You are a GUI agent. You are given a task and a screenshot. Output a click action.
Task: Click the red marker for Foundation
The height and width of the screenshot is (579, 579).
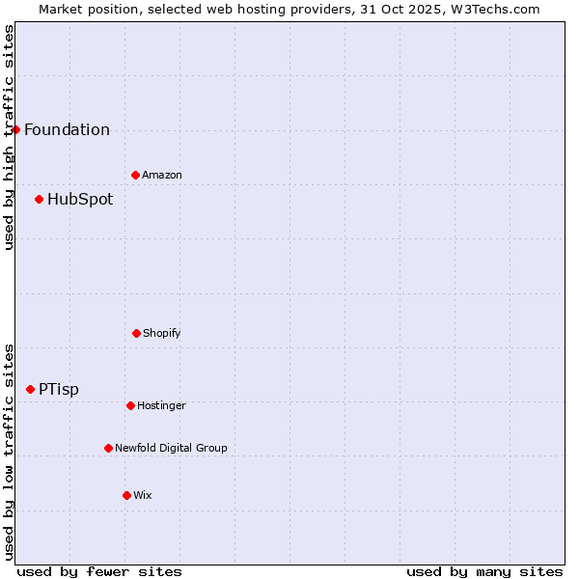pyautogui.click(x=15, y=129)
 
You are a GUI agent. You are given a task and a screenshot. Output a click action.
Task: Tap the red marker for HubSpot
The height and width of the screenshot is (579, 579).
pyautogui.click(x=39, y=200)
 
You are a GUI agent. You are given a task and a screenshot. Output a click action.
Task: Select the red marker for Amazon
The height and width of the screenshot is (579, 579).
pyautogui.click(x=135, y=175)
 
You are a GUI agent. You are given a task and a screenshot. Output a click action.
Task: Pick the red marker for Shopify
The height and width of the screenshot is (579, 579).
pyautogui.click(x=136, y=333)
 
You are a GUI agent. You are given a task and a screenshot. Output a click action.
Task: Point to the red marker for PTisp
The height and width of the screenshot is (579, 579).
pyautogui.click(x=30, y=389)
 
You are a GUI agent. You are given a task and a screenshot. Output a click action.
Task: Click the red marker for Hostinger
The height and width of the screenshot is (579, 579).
pyautogui.click(x=130, y=405)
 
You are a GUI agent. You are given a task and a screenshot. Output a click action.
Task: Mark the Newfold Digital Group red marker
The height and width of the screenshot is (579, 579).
pyautogui.click(x=108, y=448)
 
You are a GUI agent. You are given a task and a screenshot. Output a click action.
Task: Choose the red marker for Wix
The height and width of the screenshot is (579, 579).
pyautogui.click(x=126, y=495)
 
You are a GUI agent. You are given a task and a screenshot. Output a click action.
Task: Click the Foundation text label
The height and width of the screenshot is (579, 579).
pyautogui.click(x=67, y=130)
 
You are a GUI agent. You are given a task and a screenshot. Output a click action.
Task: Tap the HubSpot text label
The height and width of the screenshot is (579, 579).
pyautogui.click(x=80, y=200)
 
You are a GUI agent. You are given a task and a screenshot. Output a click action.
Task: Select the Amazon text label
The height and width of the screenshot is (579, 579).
pyautogui.click(x=162, y=175)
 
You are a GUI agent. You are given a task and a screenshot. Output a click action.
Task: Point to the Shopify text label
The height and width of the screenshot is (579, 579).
pyautogui.click(x=162, y=333)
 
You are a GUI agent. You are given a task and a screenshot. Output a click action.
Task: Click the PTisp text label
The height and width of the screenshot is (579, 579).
pyautogui.click(x=59, y=390)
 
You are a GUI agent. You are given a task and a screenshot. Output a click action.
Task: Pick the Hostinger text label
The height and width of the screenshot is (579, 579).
pyautogui.click(x=161, y=405)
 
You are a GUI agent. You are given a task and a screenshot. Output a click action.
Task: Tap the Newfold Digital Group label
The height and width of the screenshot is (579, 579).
pyautogui.click(x=171, y=448)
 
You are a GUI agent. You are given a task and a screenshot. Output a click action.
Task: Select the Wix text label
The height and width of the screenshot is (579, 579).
pyautogui.click(x=143, y=495)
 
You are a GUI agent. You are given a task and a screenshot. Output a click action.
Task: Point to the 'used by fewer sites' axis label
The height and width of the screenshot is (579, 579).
pyautogui.click(x=99, y=571)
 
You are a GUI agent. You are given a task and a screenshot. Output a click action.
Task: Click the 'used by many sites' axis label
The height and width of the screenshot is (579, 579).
pyautogui.click(x=484, y=571)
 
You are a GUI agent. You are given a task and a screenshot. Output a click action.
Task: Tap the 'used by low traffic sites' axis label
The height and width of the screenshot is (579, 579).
pyautogui.click(x=10, y=452)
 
